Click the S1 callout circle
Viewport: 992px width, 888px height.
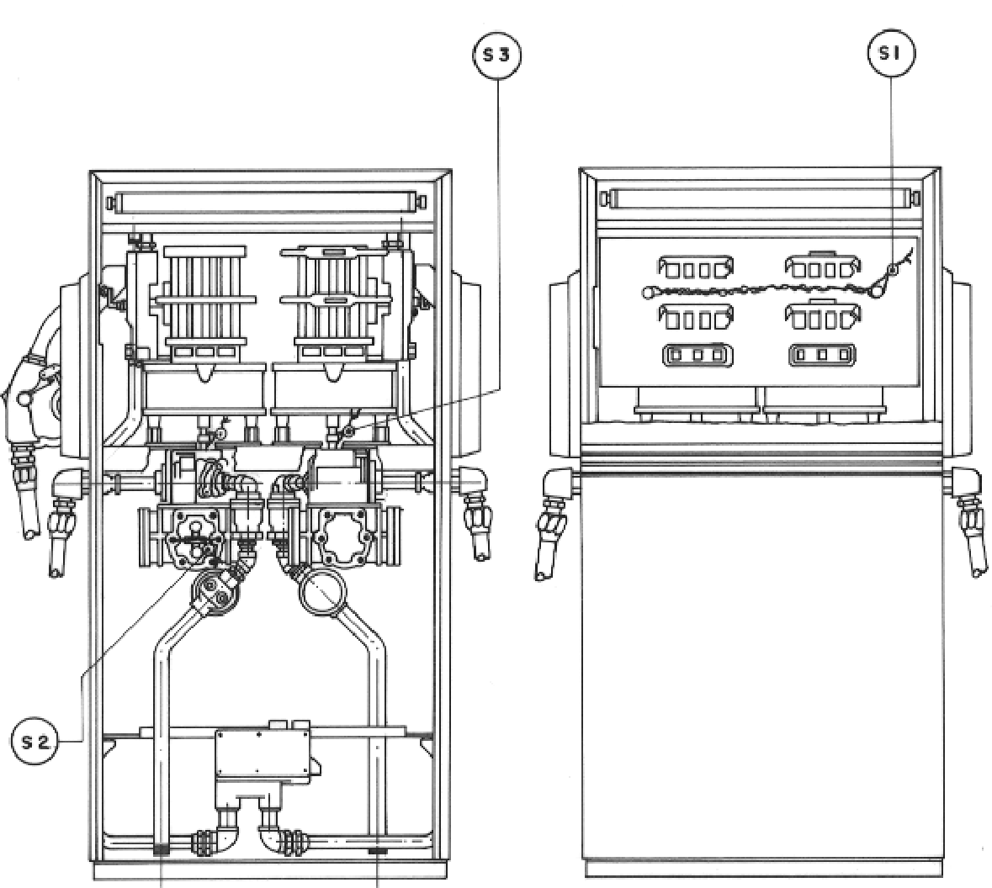point(891,54)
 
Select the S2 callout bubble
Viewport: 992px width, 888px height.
point(35,741)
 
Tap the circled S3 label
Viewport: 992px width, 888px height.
point(496,55)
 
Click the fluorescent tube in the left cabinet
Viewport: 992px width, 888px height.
point(267,203)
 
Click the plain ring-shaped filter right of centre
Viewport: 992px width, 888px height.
point(322,592)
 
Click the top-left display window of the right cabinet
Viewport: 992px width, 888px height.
point(695,268)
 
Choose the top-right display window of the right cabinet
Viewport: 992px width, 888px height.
point(822,268)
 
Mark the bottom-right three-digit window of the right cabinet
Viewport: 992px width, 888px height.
point(822,355)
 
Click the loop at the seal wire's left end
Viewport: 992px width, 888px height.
point(650,292)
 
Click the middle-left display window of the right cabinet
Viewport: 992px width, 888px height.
point(695,318)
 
